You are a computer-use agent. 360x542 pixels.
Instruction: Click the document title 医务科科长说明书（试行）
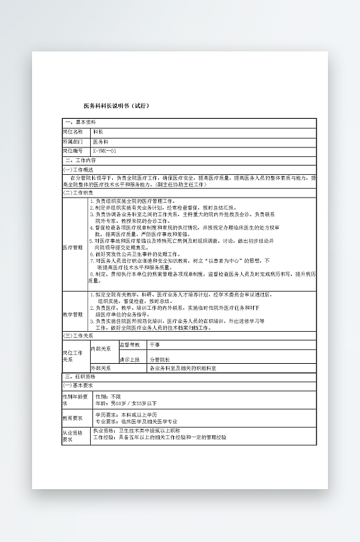pyautogui.click(x=116, y=106)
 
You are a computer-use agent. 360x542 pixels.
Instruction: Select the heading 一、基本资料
pyautogui.click(x=81, y=122)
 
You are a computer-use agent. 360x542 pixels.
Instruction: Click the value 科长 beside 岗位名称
pyautogui.click(x=98, y=132)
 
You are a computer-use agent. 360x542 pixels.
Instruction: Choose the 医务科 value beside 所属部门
pyautogui.click(x=100, y=142)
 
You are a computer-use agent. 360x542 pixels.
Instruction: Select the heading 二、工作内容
pyautogui.click(x=81, y=161)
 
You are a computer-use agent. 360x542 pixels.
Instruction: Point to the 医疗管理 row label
pyautogui.click(x=73, y=247)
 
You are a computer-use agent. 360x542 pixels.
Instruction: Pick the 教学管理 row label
pyautogui.click(x=73, y=314)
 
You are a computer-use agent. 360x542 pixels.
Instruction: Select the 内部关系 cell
pyautogui.click(x=101, y=348)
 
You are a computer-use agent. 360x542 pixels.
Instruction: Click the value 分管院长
pyautogui.click(x=160, y=359)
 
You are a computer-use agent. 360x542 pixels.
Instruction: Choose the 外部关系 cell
pyautogui.click(x=101, y=368)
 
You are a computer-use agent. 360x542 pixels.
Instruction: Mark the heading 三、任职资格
pyautogui.click(x=81, y=377)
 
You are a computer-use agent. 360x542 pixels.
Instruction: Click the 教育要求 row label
pyautogui.click(x=73, y=419)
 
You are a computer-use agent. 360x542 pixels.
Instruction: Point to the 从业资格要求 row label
pyautogui.click(x=73, y=437)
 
